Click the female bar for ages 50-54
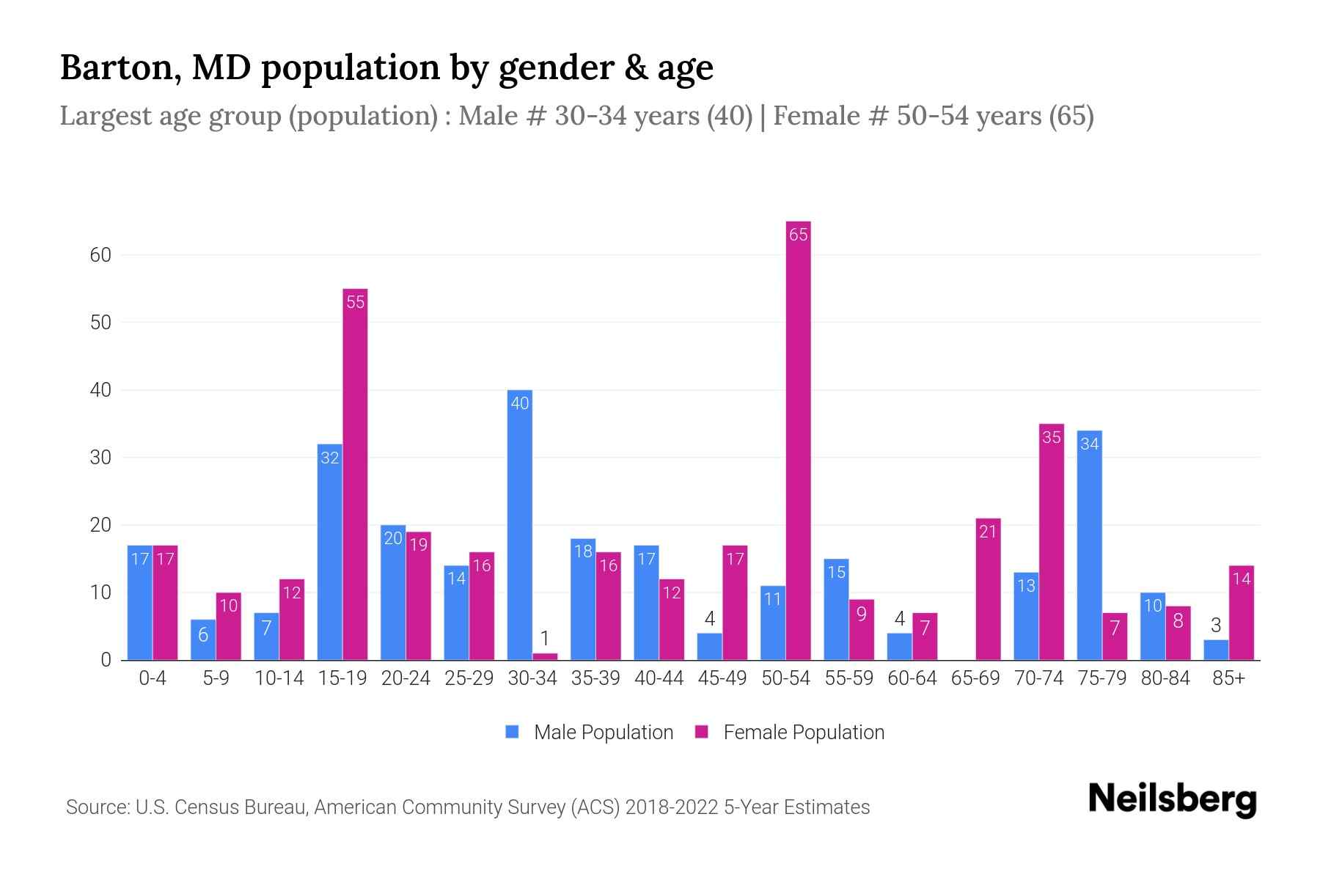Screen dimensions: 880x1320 [798, 440]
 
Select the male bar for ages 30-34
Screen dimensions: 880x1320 [519, 524]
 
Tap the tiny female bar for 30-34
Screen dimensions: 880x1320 [545, 656]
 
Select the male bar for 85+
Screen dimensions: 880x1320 [1215, 650]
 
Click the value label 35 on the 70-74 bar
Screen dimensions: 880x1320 [1051, 438]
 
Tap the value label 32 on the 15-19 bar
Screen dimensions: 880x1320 [330, 458]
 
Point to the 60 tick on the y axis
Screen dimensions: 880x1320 [100, 255]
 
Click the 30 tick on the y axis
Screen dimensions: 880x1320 [100, 458]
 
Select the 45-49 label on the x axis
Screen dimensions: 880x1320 [722, 678]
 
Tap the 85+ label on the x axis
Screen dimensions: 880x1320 [1228, 678]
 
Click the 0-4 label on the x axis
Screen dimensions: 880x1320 [153, 678]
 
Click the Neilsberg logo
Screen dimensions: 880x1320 [1172, 799]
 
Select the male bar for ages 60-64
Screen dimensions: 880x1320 [899, 647]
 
